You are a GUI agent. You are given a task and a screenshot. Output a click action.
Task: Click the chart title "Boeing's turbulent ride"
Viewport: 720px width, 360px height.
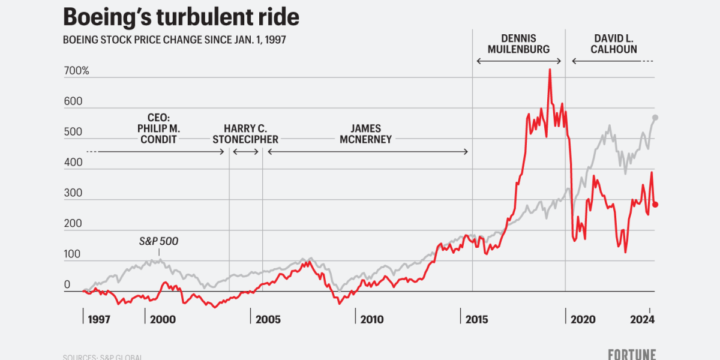[x=181, y=17]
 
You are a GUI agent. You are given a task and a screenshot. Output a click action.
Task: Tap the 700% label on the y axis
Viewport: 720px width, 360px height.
[x=76, y=71]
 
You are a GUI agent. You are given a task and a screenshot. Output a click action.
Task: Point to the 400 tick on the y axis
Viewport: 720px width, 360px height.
[x=73, y=162]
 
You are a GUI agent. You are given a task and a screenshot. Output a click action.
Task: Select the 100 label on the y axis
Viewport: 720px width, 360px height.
[x=73, y=254]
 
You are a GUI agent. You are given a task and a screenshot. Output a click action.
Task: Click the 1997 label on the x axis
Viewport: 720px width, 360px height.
[x=98, y=319]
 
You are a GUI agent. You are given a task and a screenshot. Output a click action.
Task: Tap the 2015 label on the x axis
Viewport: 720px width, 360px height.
[x=477, y=319]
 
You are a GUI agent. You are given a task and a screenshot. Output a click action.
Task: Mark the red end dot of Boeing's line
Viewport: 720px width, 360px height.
[x=655, y=205]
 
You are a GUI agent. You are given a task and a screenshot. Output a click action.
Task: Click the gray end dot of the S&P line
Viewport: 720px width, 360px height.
[x=655, y=117]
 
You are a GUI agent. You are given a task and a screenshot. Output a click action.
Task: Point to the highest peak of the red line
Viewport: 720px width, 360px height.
[x=549, y=70]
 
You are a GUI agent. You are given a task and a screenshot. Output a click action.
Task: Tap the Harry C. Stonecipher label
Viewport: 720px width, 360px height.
[x=245, y=134]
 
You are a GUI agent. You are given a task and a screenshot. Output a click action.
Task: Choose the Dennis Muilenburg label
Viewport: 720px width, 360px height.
[x=518, y=43]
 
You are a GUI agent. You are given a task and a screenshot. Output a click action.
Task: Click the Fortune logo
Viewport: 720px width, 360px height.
[x=632, y=354]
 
